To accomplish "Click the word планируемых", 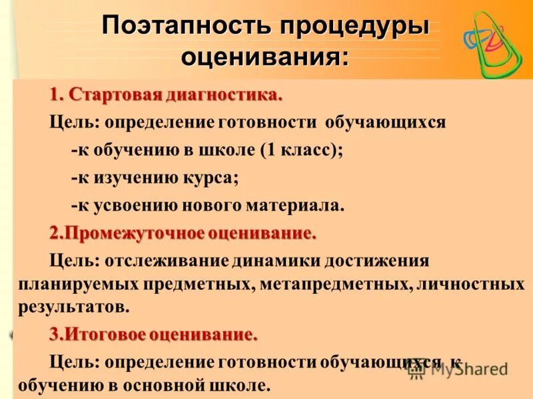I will coord(77,285).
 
